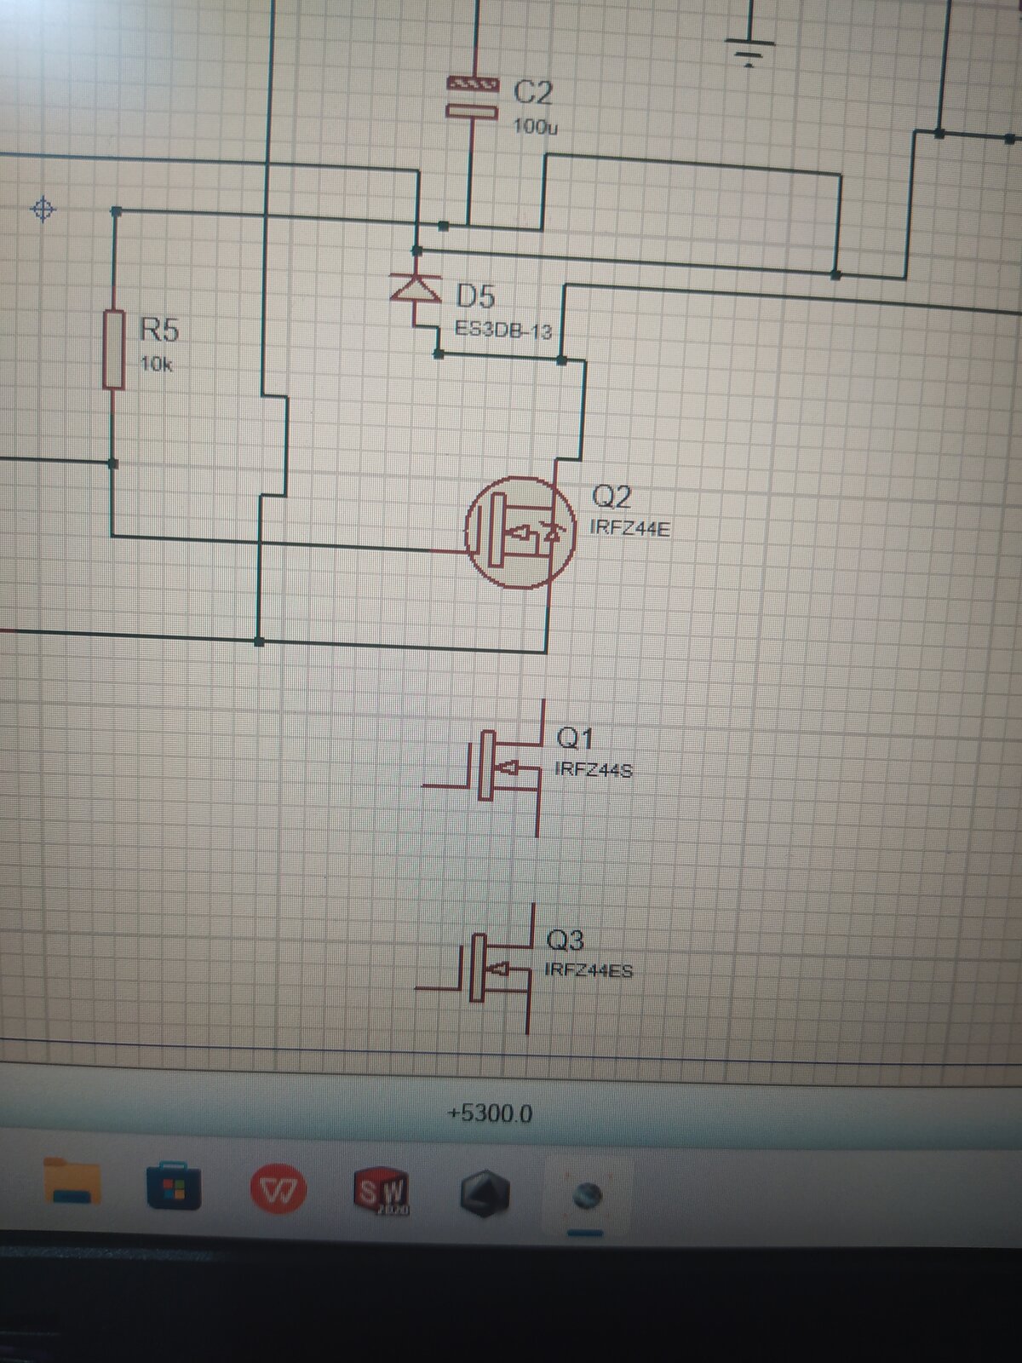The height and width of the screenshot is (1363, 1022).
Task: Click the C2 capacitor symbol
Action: (473, 97)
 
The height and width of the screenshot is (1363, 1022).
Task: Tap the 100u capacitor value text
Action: (535, 127)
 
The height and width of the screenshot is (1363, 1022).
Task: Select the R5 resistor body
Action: (113, 349)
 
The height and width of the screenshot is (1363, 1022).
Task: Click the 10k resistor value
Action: (156, 364)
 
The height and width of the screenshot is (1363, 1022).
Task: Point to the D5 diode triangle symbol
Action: (415, 287)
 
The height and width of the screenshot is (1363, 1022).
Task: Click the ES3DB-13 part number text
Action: (503, 330)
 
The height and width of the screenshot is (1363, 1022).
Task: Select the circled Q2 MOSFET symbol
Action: (520, 532)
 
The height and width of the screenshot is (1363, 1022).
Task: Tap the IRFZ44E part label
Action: (629, 528)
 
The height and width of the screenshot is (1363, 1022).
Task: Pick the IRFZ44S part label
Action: (594, 770)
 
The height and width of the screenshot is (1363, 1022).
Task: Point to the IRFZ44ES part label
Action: (589, 970)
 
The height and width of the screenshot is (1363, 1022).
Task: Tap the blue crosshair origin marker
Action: (43, 210)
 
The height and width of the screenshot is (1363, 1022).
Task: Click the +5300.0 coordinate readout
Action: (490, 1114)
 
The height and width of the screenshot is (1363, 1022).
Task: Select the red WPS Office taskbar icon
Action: (278, 1188)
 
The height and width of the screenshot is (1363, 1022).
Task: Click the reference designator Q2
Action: (611, 496)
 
